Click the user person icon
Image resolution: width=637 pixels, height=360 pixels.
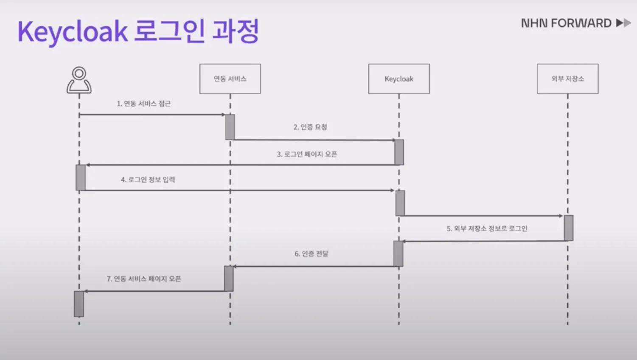(79, 80)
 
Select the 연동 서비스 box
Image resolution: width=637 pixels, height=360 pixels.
(230, 79)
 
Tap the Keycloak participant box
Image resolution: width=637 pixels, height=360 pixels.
(399, 79)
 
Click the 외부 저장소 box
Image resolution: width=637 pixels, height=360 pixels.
(567, 79)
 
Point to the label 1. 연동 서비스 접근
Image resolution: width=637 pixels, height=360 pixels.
(143, 104)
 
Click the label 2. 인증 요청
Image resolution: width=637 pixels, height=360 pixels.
(310, 127)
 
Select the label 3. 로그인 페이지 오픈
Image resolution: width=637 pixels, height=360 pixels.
(307, 154)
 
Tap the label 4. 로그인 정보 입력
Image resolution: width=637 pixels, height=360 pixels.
(148, 180)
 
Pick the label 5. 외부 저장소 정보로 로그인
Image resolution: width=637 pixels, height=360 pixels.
(487, 228)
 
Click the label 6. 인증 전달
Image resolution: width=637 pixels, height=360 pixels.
(311, 254)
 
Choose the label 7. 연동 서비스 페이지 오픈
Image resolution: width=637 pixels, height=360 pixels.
(143, 279)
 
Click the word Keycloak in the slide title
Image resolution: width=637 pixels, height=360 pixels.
(72, 31)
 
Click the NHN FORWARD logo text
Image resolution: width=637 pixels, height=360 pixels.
(566, 23)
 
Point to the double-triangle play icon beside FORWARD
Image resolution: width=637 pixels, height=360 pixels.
(623, 23)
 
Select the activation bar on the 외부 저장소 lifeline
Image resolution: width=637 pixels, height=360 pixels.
(568, 228)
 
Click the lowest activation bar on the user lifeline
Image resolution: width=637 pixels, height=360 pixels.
(79, 304)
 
